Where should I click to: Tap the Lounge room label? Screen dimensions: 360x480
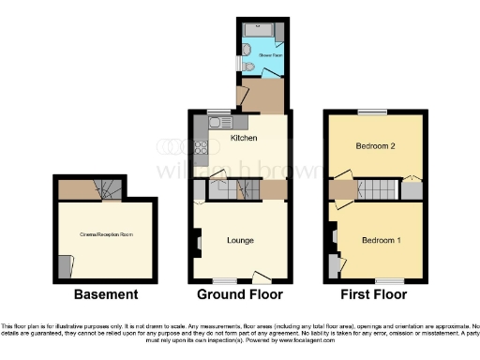point(240,241)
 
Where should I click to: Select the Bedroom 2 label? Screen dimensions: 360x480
point(373,147)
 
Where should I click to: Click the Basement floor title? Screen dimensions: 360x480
point(105,294)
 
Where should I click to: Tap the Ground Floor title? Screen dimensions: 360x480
point(240,294)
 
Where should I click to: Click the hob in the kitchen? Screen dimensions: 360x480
point(200,147)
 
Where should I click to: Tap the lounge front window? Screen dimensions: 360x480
point(224,279)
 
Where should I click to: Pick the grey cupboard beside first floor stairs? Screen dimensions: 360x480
point(411,190)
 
